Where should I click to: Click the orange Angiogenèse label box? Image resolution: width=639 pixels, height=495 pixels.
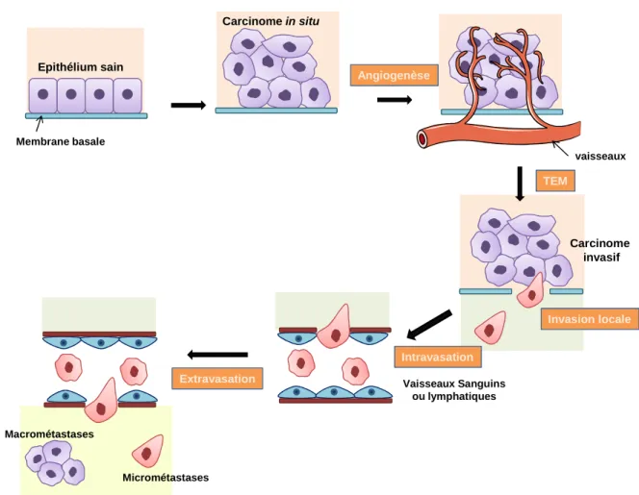point(394,75)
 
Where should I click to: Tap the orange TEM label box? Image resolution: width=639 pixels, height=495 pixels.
point(555,181)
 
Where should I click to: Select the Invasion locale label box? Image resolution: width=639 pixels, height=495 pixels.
point(589,319)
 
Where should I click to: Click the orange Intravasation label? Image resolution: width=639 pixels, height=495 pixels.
point(438,357)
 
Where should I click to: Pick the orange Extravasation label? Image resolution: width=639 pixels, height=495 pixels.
point(217,379)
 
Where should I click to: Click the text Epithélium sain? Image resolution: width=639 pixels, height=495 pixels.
point(81,67)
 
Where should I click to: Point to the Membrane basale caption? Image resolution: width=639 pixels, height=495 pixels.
point(61,141)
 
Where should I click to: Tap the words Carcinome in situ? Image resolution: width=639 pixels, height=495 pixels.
point(271,21)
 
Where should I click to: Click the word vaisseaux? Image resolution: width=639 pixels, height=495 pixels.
point(601,157)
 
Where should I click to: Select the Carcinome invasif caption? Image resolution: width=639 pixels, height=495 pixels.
point(600,250)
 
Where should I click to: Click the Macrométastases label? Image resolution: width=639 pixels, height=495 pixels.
point(49,434)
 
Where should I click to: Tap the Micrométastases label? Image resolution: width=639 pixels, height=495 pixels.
point(166,478)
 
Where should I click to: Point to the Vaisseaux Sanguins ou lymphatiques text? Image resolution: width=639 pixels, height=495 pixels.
point(454,390)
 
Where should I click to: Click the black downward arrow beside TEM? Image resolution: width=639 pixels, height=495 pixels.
point(520,184)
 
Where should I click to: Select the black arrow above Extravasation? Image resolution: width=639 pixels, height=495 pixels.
point(217,355)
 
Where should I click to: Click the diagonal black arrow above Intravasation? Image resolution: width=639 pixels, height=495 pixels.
point(429,325)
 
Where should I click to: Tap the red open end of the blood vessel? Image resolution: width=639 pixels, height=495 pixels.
point(422,139)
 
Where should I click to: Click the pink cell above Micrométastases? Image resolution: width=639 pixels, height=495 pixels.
point(148,451)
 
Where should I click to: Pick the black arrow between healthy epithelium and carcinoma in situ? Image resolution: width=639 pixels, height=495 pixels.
point(189,106)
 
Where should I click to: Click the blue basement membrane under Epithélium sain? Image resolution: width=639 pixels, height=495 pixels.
point(87,116)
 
